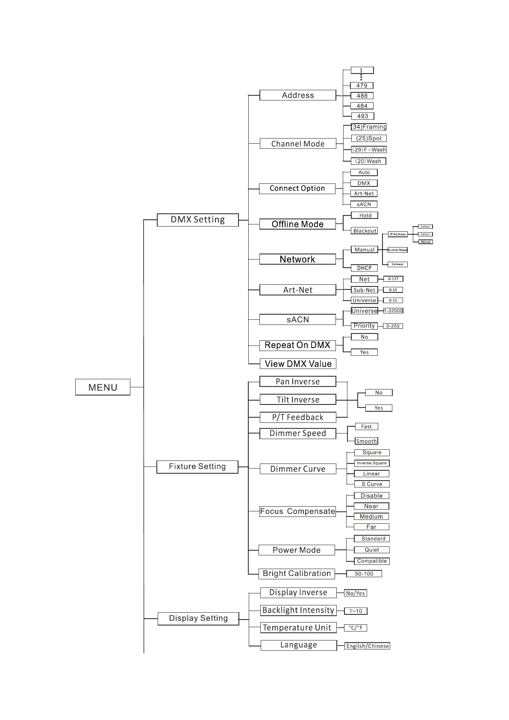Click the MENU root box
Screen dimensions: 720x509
pyautogui.click(x=103, y=387)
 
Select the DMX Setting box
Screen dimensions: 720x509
pyautogui.click(x=197, y=220)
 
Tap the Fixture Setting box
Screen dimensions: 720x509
pyautogui.click(x=197, y=466)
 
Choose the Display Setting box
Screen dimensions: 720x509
pyautogui.click(x=198, y=618)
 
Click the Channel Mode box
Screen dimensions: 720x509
pyautogui.click(x=298, y=144)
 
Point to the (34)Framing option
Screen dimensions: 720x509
pyautogui.click(x=368, y=127)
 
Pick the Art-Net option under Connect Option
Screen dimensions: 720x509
pyautogui.click(x=364, y=194)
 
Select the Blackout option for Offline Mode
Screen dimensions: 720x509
pyautogui.click(x=365, y=231)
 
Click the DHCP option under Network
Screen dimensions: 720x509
pyautogui.click(x=364, y=268)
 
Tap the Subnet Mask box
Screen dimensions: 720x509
pyautogui.click(x=397, y=250)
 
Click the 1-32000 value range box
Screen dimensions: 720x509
pyautogui.click(x=393, y=311)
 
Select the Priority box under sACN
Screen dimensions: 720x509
pyautogui.click(x=364, y=326)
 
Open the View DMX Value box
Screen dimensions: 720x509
pyautogui.click(x=298, y=364)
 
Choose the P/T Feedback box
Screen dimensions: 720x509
pyautogui.click(x=298, y=417)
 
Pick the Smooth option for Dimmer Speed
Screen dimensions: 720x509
pyautogui.click(x=366, y=441)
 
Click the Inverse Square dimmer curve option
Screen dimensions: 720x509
pyautogui.click(x=371, y=463)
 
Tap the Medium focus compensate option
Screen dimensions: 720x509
pyautogui.click(x=371, y=516)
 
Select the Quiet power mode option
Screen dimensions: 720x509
pyautogui.click(x=371, y=550)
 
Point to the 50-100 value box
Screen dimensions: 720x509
pyautogui.click(x=364, y=574)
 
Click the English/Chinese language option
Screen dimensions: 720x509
pyautogui.click(x=368, y=646)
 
